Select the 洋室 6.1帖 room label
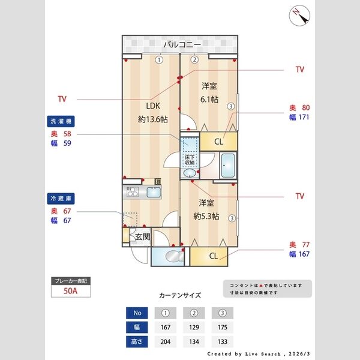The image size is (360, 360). point(209,92)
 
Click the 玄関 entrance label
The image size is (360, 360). point(142,236)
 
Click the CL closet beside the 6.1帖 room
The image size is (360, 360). point(218,142)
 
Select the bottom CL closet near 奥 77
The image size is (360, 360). point(213,256)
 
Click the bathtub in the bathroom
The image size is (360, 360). point(228,166)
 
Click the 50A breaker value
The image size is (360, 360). point(71,292)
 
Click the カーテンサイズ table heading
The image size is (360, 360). point(180,296)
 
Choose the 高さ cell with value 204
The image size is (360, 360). point(166,342)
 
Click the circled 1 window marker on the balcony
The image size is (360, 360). point(159,59)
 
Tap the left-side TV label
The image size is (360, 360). point(62,98)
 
